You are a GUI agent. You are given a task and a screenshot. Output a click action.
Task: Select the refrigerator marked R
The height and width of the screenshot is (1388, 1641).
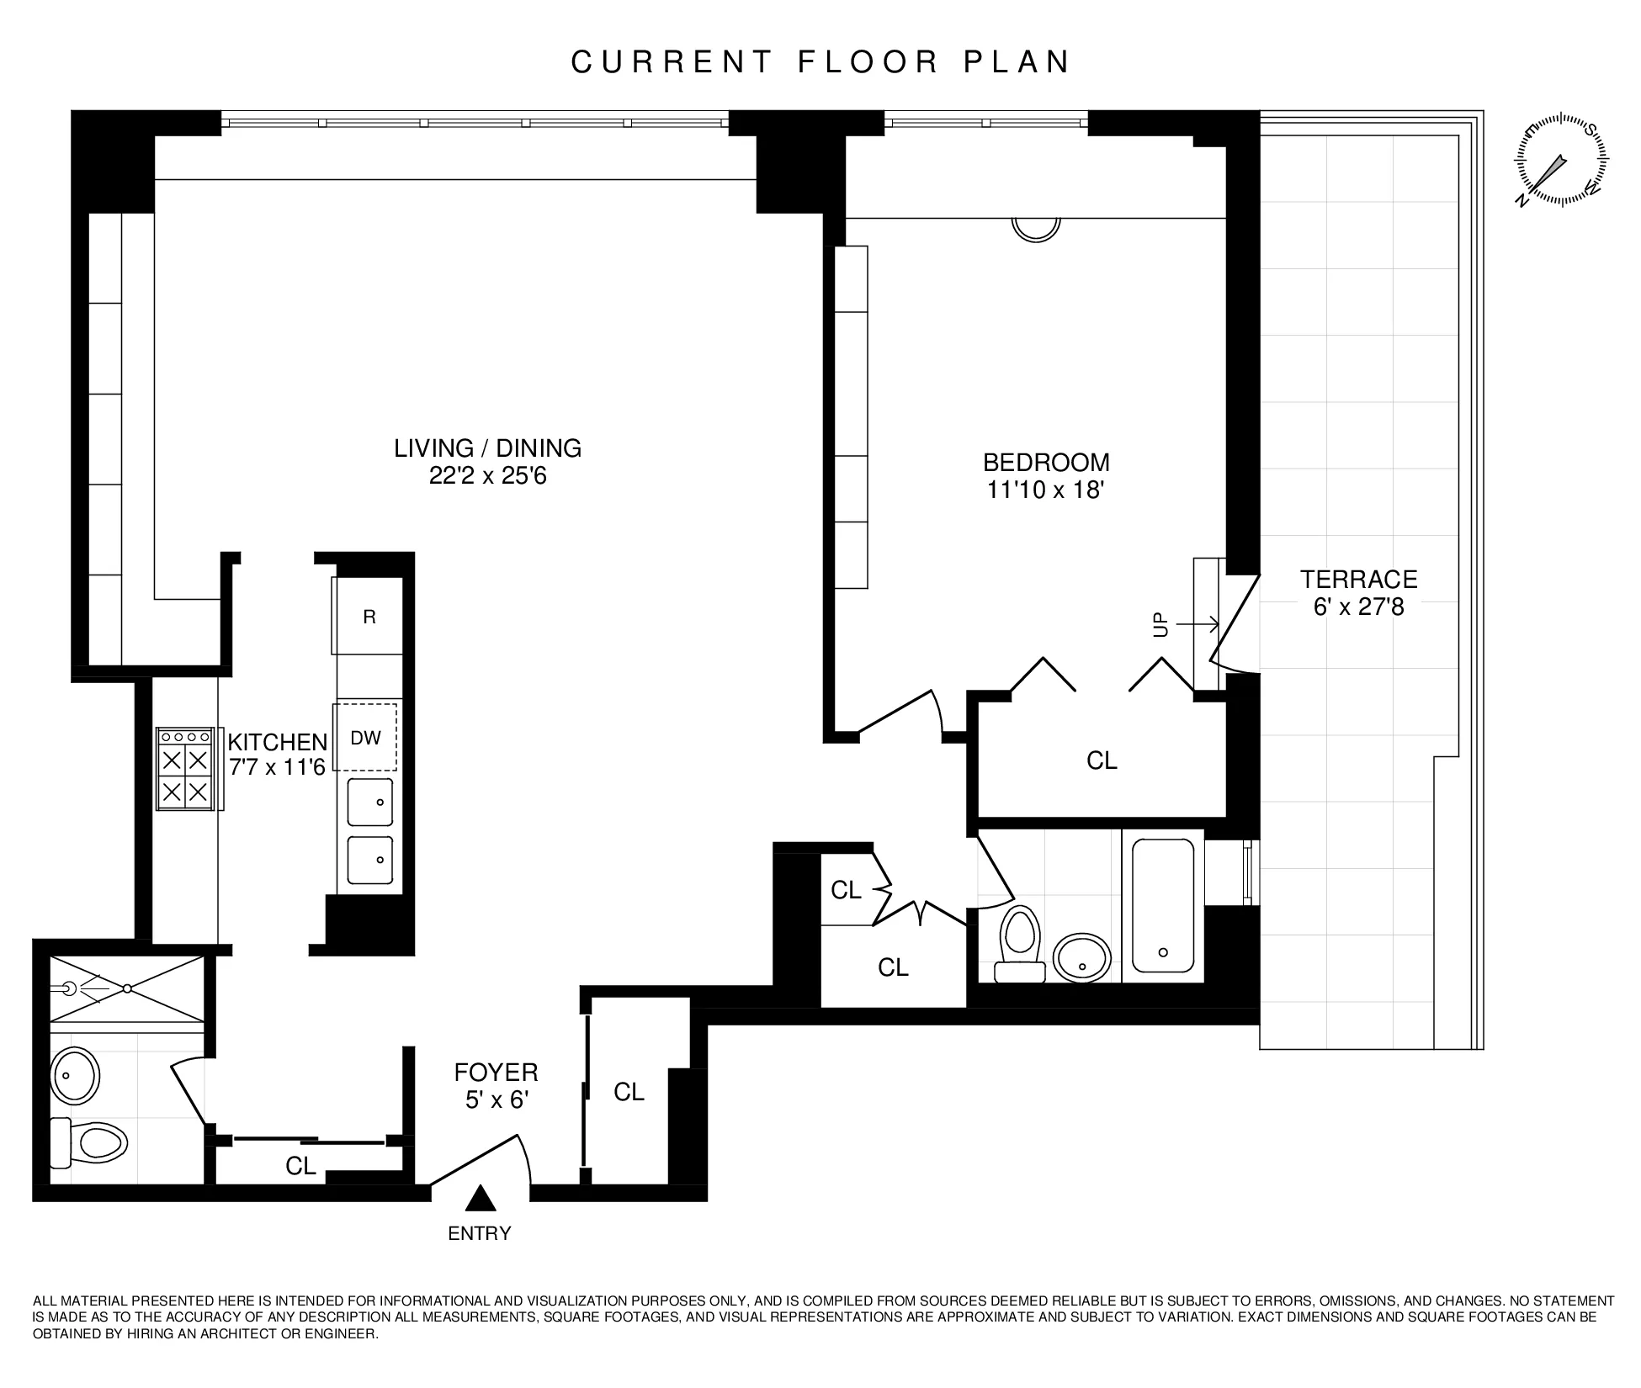pyautogui.click(x=369, y=616)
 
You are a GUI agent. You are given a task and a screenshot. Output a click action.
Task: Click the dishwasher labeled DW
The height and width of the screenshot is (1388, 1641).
pyautogui.click(x=366, y=737)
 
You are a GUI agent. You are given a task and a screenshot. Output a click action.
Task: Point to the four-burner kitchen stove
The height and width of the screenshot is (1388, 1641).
pyautogui.click(x=185, y=770)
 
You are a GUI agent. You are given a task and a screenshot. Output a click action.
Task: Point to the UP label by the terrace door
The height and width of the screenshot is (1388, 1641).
pyautogui.click(x=1161, y=624)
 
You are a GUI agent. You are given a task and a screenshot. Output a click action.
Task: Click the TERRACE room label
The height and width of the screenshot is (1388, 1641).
pyautogui.click(x=1358, y=580)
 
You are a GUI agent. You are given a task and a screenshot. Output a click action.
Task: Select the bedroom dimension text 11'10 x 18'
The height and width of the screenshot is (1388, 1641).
pyautogui.click(x=1045, y=490)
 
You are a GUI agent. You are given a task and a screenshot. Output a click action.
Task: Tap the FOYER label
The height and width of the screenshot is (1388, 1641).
pyautogui.click(x=496, y=1073)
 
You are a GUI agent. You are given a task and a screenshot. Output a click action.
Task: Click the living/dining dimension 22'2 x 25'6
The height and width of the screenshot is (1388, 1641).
pyautogui.click(x=487, y=476)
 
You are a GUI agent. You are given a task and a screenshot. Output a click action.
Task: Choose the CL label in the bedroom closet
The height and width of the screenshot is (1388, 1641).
pyautogui.click(x=1102, y=760)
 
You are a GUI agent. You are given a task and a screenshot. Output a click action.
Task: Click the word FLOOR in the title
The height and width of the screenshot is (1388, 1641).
pyautogui.click(x=867, y=62)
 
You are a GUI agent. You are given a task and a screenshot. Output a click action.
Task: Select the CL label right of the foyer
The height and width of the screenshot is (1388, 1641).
pyautogui.click(x=629, y=1092)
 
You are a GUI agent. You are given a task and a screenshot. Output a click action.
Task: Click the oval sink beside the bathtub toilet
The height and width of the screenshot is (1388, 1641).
pyautogui.click(x=1082, y=957)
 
